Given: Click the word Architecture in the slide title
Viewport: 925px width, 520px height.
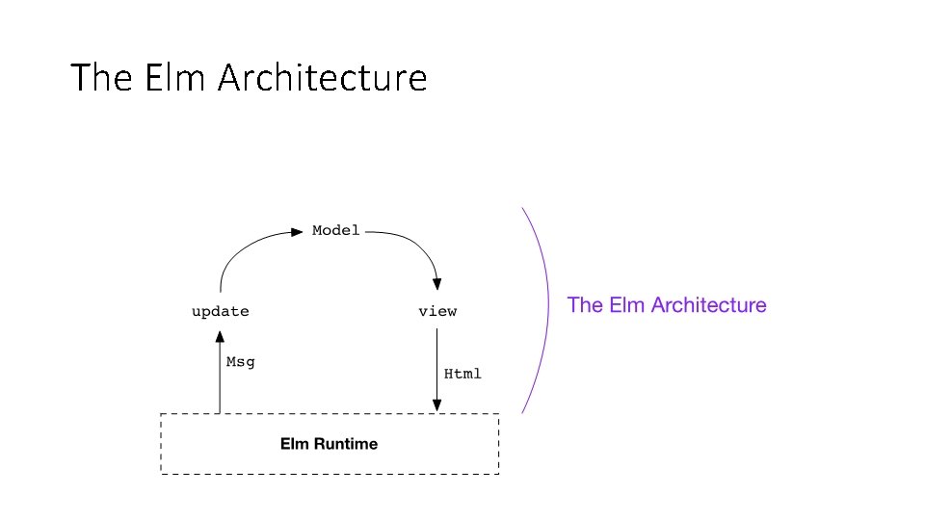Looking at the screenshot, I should pos(322,78).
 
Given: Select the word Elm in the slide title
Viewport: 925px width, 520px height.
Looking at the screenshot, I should pos(176,78).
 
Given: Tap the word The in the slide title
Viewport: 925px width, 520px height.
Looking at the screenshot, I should pos(103,78).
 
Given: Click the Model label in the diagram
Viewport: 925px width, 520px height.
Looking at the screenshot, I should pos(336,230).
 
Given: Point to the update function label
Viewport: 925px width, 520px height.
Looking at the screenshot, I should pos(220,311).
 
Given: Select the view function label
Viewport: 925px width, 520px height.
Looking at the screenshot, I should pos(437,311).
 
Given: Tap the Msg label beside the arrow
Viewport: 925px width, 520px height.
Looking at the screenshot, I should pos(240,362).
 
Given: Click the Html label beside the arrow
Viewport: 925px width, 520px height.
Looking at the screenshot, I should pos(462,373).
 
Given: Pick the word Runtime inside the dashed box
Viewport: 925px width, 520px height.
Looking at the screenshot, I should pos(344,444).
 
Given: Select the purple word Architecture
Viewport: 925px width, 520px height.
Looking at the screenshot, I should pos(709,305).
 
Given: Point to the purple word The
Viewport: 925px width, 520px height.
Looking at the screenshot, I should pos(585,305).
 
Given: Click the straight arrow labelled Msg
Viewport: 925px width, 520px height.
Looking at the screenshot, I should pos(220,376).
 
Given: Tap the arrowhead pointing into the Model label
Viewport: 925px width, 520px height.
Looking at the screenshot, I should pos(298,231).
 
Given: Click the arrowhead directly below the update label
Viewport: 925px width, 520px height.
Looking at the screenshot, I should pos(220,336).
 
